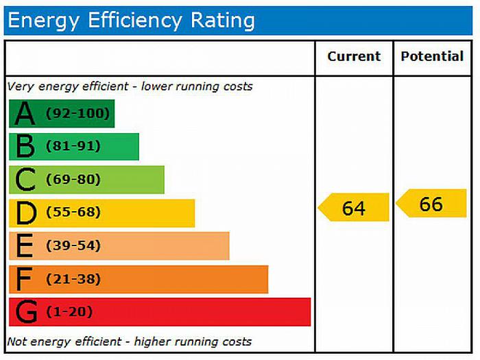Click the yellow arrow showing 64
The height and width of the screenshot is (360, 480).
[x=354, y=207]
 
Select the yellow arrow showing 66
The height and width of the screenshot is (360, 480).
[x=431, y=204]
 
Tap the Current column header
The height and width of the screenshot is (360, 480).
[x=354, y=57]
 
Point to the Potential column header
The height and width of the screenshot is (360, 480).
[x=432, y=57]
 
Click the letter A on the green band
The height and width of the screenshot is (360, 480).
[x=25, y=114]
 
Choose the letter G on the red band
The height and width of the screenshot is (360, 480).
[x=26, y=313]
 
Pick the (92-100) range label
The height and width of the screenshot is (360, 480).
[x=77, y=113]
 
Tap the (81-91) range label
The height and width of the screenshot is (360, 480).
[x=73, y=146]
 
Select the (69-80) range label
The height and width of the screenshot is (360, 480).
[x=73, y=180]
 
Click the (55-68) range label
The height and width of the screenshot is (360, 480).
[x=73, y=213]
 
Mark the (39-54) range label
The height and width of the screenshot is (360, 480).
[x=73, y=245]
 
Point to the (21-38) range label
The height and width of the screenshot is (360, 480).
[x=73, y=279]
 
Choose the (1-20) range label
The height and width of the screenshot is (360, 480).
[x=69, y=312]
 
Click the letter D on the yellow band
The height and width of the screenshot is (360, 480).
[x=26, y=213]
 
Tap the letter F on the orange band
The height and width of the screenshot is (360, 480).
[x=25, y=279]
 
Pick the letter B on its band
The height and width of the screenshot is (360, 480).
[x=25, y=147]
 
